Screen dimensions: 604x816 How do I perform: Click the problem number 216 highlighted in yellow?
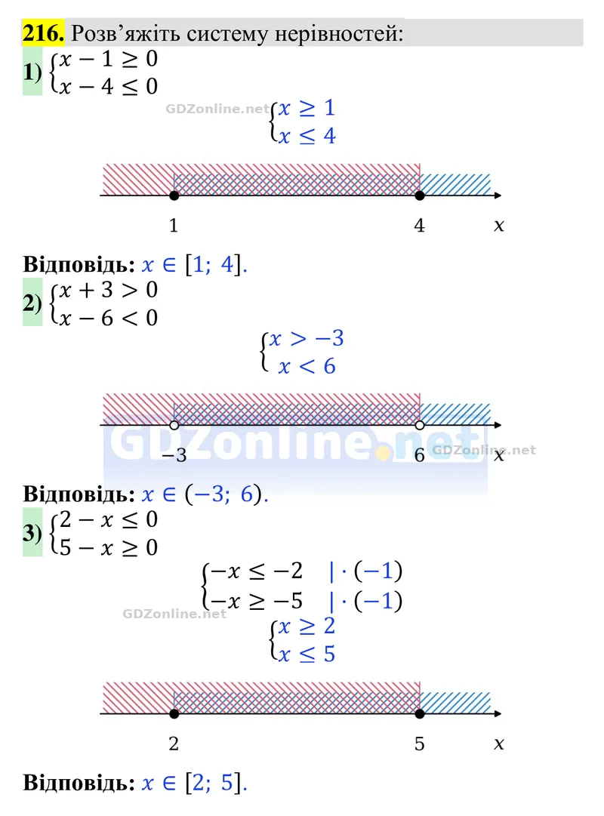pyautogui.click(x=43, y=32)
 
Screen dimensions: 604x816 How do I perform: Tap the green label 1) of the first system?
pyautogui.click(x=32, y=72)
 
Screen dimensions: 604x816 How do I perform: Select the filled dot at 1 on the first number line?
pyautogui.click(x=174, y=196)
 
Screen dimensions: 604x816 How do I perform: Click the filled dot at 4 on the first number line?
pyautogui.click(x=420, y=196)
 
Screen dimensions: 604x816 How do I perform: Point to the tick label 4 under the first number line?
pyautogui.click(x=419, y=226)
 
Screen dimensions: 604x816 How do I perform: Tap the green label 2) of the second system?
pyautogui.click(x=32, y=303)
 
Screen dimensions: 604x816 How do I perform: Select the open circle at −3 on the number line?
pyautogui.click(x=174, y=425)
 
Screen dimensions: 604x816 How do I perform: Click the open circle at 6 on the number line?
pyautogui.click(x=420, y=425)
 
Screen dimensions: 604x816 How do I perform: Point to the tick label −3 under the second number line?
pyautogui.click(x=174, y=455)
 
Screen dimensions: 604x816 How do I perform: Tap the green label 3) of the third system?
pyautogui.click(x=32, y=532)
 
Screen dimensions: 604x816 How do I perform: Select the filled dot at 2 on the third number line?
pyautogui.click(x=174, y=714)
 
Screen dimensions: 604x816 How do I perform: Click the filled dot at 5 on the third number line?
pyautogui.click(x=420, y=714)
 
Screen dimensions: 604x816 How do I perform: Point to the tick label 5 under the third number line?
pyautogui.click(x=419, y=744)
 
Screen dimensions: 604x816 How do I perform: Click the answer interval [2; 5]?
pyautogui.click(x=214, y=783)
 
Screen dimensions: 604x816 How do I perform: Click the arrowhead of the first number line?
pyautogui.click(x=498, y=196)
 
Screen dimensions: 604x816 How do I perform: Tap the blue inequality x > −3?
pyautogui.click(x=307, y=339)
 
